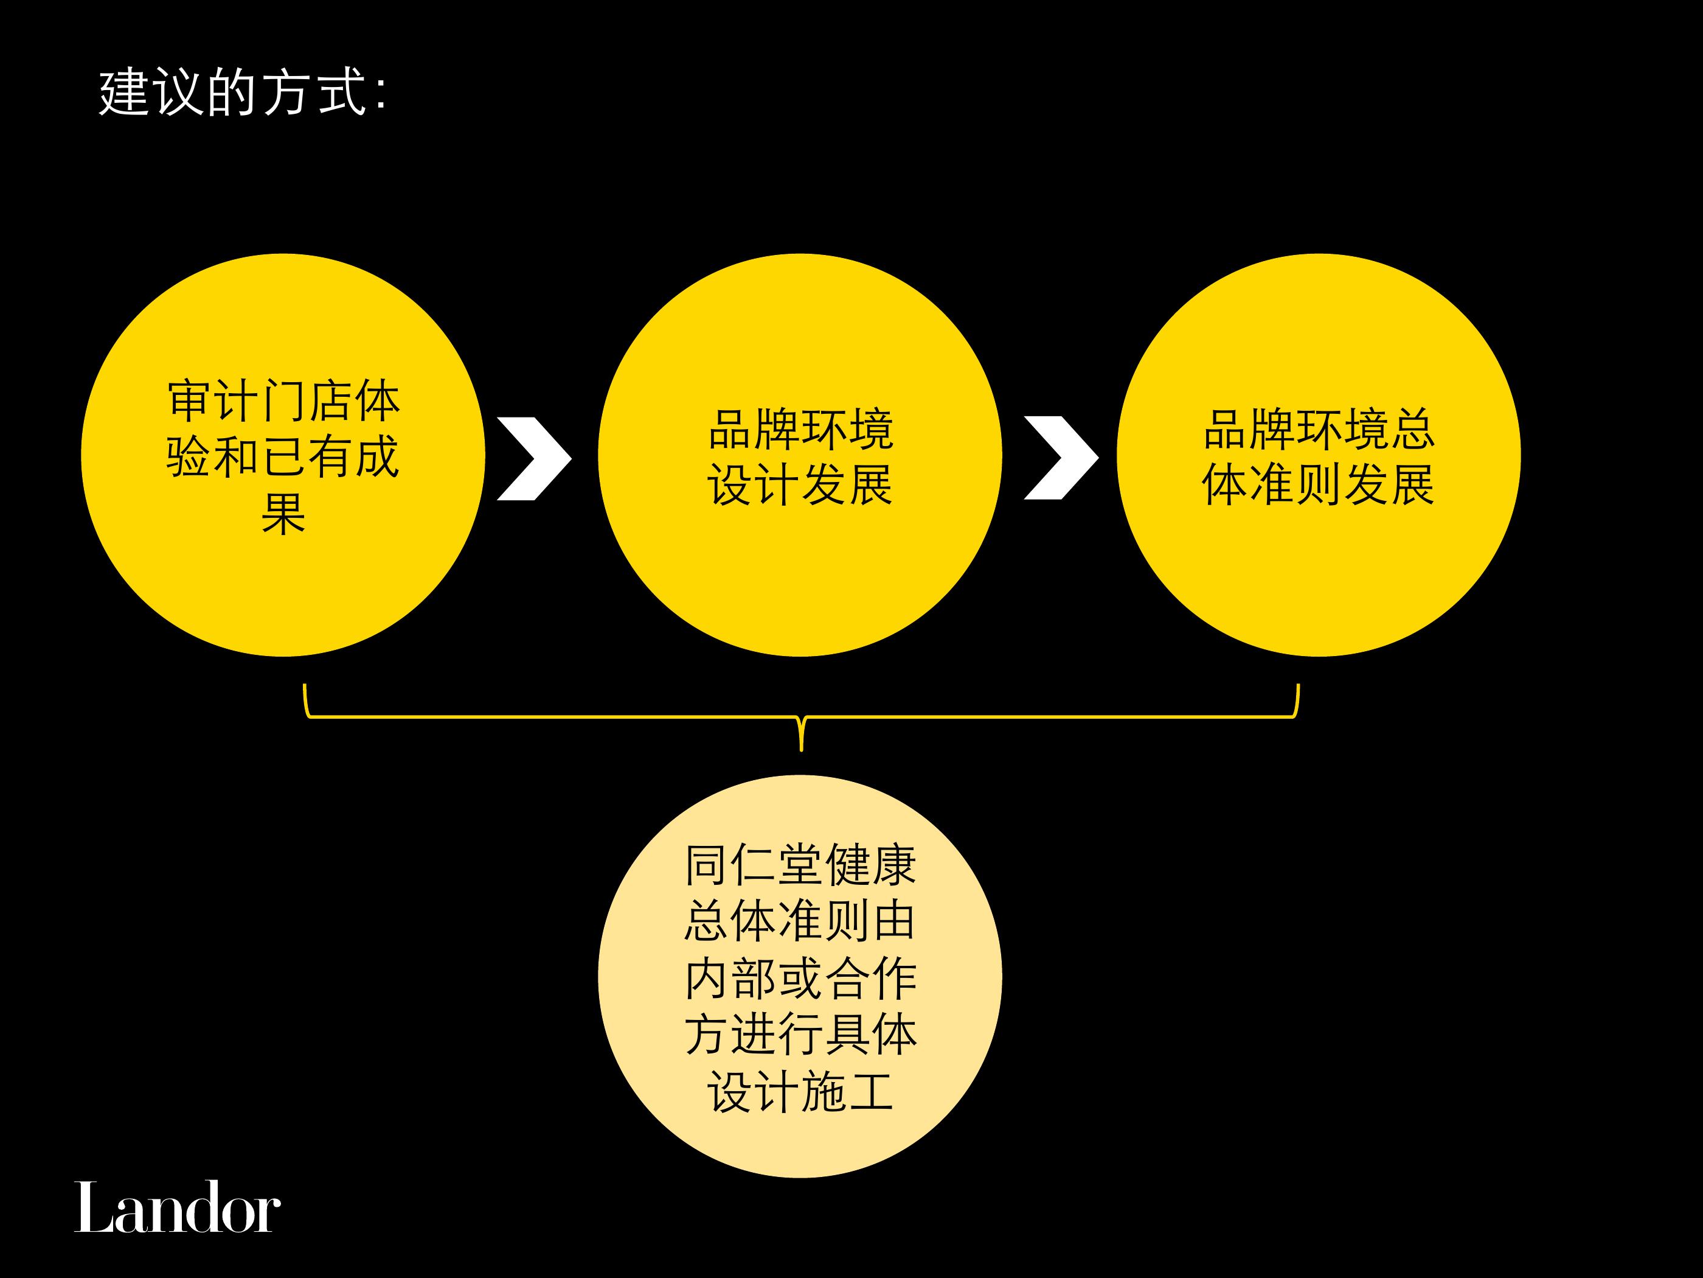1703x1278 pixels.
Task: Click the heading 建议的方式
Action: click(232, 93)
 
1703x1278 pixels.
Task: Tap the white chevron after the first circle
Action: click(534, 459)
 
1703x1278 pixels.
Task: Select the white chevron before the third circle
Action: click(1061, 458)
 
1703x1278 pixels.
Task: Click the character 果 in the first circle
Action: click(283, 513)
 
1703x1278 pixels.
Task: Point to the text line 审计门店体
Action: click(283, 400)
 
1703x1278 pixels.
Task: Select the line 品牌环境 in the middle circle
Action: click(800, 429)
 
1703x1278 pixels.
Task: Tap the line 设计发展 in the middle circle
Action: click(800, 485)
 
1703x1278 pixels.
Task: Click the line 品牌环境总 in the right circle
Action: click(1319, 429)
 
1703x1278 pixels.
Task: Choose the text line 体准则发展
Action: click(1319, 485)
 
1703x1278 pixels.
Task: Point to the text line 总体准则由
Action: click(800, 921)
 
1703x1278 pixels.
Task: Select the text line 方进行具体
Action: click(800, 1035)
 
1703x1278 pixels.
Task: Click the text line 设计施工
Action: click(800, 1092)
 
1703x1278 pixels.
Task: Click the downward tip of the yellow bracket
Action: click(802, 750)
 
